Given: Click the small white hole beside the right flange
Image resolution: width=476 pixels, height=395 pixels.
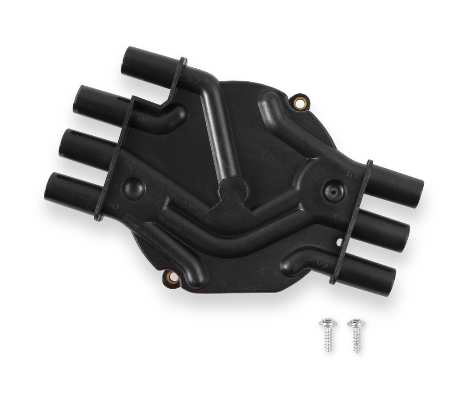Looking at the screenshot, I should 339,243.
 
